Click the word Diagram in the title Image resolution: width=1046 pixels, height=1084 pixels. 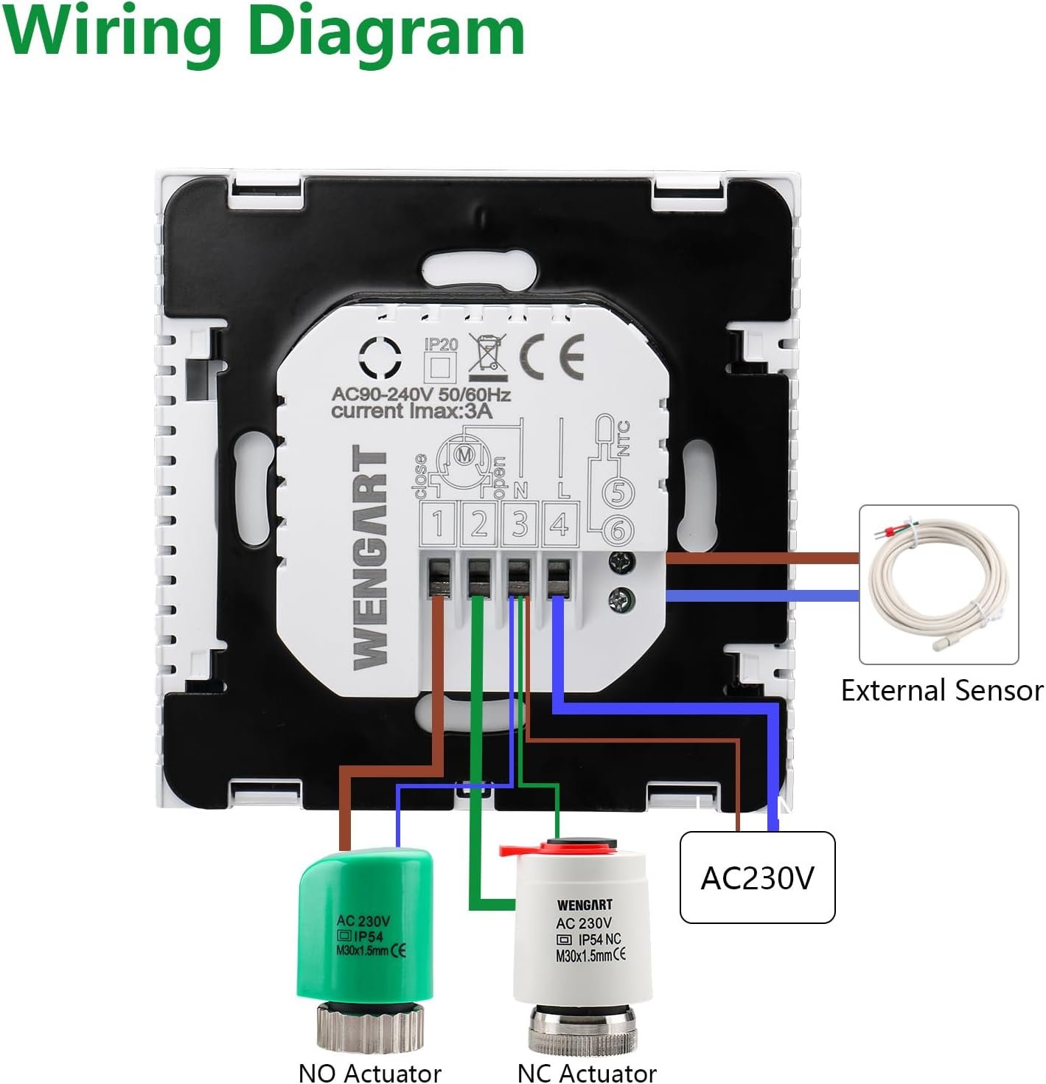pyautogui.click(x=386, y=33)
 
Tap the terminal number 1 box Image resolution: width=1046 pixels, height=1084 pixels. pyautogui.click(x=438, y=524)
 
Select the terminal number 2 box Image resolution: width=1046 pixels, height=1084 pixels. pyautogui.click(x=479, y=524)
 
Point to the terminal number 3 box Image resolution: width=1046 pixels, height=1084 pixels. pyautogui.click(x=520, y=524)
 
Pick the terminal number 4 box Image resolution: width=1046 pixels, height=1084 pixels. pyautogui.click(x=560, y=524)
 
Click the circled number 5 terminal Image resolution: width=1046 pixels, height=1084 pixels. pyautogui.click(x=618, y=493)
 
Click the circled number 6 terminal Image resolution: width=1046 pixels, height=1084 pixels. pyautogui.click(x=618, y=529)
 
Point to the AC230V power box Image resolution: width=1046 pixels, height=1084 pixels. pyautogui.click(x=757, y=878)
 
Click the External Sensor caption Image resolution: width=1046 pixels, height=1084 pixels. pyautogui.click(x=942, y=691)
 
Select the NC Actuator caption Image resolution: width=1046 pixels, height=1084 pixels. pyautogui.click(x=587, y=1072)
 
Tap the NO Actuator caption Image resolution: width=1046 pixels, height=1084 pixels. pyautogui.click(x=369, y=1072)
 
